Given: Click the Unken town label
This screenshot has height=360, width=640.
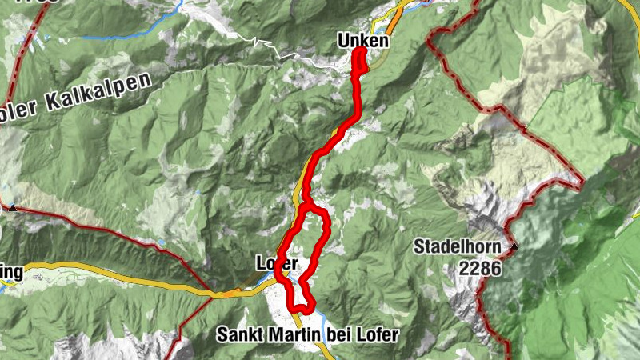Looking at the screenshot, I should point(363,40).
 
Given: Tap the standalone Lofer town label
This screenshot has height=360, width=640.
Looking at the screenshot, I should point(277,262).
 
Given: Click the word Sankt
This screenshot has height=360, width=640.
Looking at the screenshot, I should point(242,334).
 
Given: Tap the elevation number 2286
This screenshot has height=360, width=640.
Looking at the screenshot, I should point(480,269).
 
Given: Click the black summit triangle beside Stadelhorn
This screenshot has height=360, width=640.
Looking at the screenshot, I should point(515,246).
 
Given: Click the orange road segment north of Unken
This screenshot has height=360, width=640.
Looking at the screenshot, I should point(395,15).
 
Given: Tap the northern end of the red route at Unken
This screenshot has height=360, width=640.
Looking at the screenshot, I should point(359,50).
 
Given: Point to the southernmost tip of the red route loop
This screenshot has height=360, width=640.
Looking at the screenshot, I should point(299,307).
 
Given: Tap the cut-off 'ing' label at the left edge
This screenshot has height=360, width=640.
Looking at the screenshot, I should point(11,273).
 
